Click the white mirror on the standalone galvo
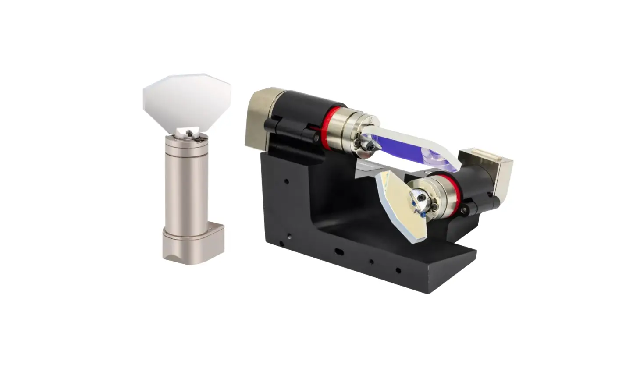coord(186,103)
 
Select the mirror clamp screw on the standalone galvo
coord(189,132)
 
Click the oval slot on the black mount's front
coord(339,251)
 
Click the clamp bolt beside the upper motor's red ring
coord(316,137)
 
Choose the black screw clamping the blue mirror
coord(367,142)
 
